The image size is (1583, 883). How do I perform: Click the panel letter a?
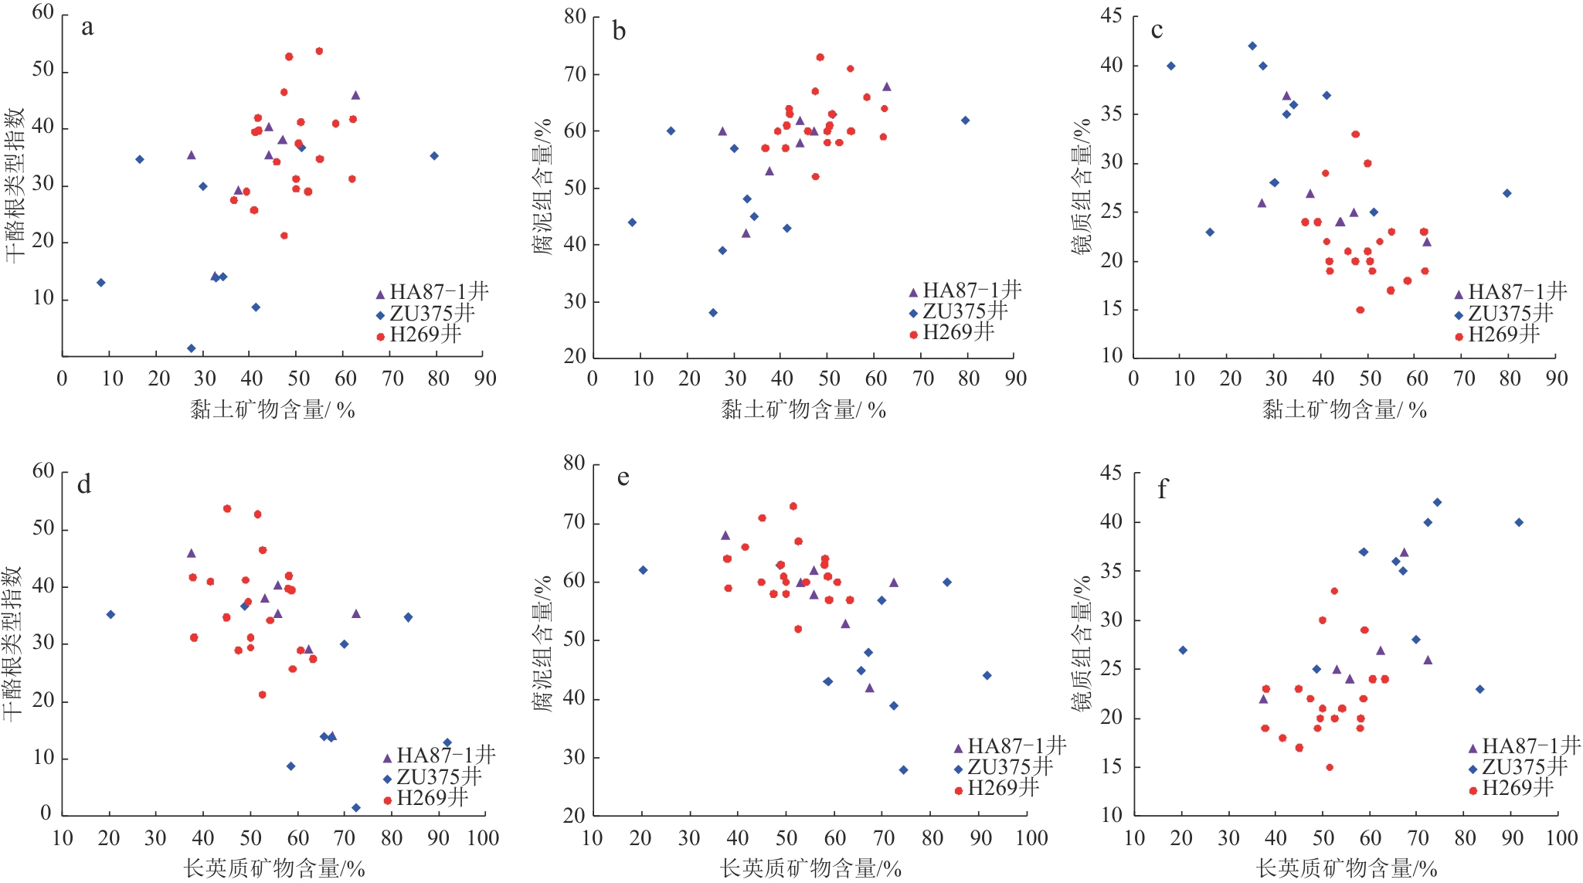click(87, 28)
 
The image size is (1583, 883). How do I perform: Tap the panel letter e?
click(623, 477)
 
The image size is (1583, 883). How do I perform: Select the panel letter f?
click(1162, 489)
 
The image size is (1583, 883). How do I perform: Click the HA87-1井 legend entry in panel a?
click(432, 292)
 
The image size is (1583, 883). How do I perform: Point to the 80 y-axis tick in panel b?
click(575, 17)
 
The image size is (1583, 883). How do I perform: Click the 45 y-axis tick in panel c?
click(1112, 16)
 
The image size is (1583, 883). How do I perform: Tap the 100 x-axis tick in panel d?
click(483, 838)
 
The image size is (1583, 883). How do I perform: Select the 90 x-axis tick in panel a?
click(485, 379)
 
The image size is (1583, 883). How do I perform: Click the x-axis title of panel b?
click(803, 409)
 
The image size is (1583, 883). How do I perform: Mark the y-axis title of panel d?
click(13, 643)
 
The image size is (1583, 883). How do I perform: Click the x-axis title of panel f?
click(1347, 868)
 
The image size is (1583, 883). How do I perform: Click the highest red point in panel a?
click(319, 51)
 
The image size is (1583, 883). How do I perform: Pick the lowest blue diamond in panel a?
click(191, 348)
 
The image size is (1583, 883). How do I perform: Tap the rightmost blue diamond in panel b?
click(965, 121)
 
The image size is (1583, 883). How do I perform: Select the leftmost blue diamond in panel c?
click(1171, 66)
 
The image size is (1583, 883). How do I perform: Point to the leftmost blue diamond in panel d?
click(110, 615)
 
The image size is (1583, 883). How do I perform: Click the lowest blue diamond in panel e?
click(903, 770)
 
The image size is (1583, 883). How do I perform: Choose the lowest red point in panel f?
click(1330, 768)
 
